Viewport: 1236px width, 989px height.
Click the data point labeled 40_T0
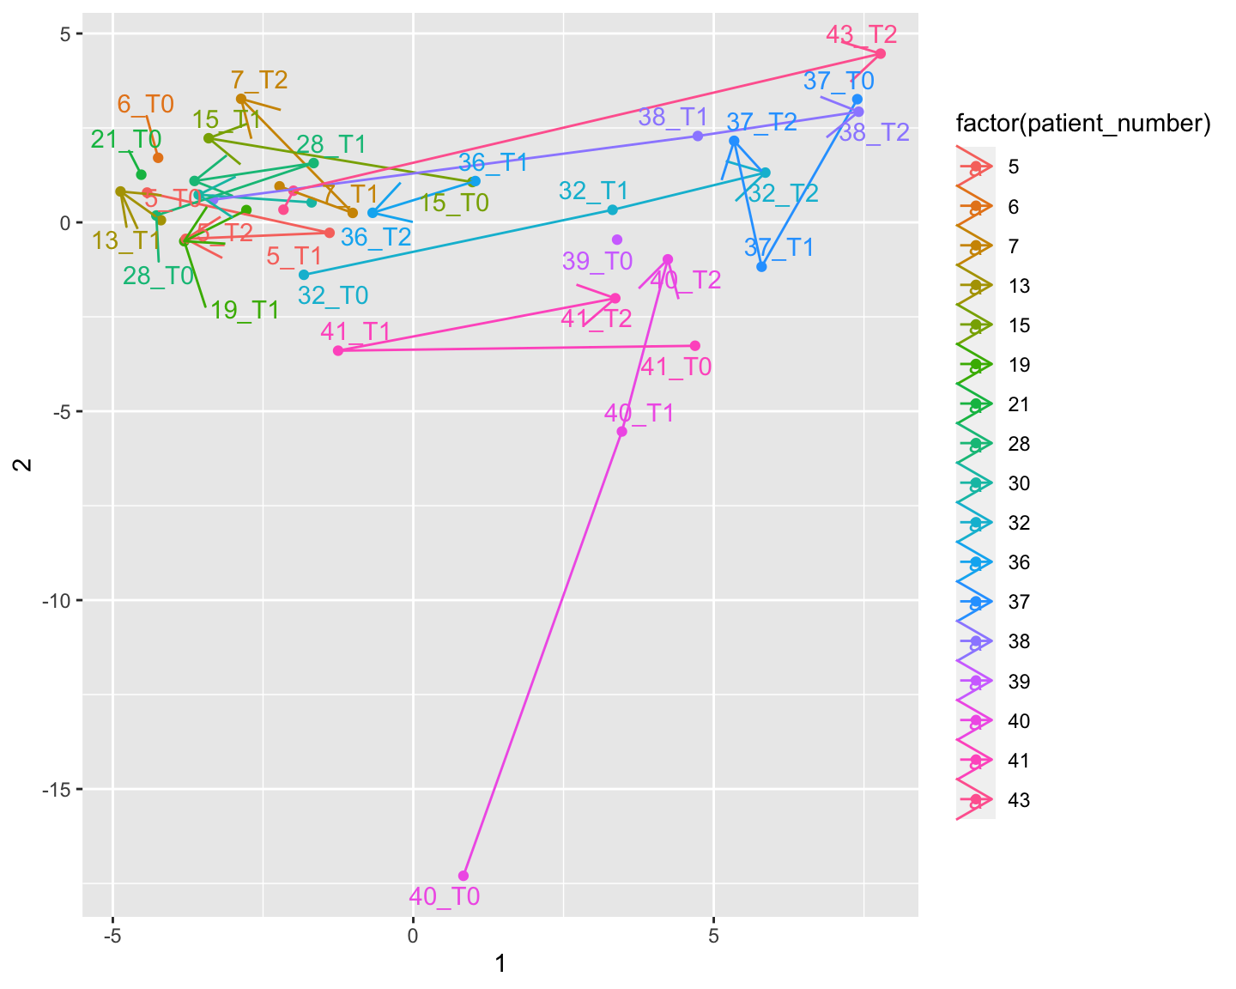(x=463, y=876)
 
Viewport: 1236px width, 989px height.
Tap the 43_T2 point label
(x=862, y=35)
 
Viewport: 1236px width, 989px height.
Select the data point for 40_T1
(x=622, y=431)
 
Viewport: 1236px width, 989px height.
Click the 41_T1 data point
(x=338, y=350)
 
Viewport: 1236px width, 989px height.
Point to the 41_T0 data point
(x=695, y=346)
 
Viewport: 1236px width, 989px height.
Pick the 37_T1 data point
(x=761, y=267)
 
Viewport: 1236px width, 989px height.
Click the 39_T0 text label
(x=597, y=261)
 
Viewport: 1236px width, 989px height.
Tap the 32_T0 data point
(x=303, y=275)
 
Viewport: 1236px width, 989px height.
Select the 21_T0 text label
(x=126, y=139)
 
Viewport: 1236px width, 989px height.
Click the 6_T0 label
(x=145, y=105)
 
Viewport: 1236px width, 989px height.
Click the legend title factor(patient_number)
(x=1083, y=124)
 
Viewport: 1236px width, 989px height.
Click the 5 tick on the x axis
(x=713, y=934)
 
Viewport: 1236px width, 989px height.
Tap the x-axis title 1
(x=500, y=965)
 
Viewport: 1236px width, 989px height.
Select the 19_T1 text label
(x=245, y=311)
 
